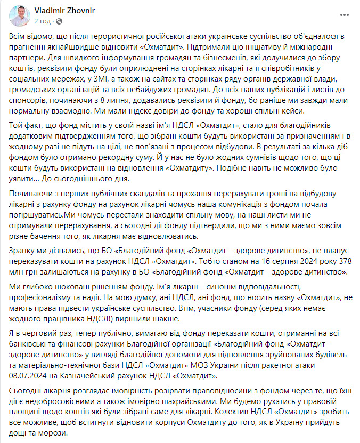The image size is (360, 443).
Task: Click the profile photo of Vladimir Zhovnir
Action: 20,16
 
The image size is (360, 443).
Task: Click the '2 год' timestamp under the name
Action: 42,21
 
